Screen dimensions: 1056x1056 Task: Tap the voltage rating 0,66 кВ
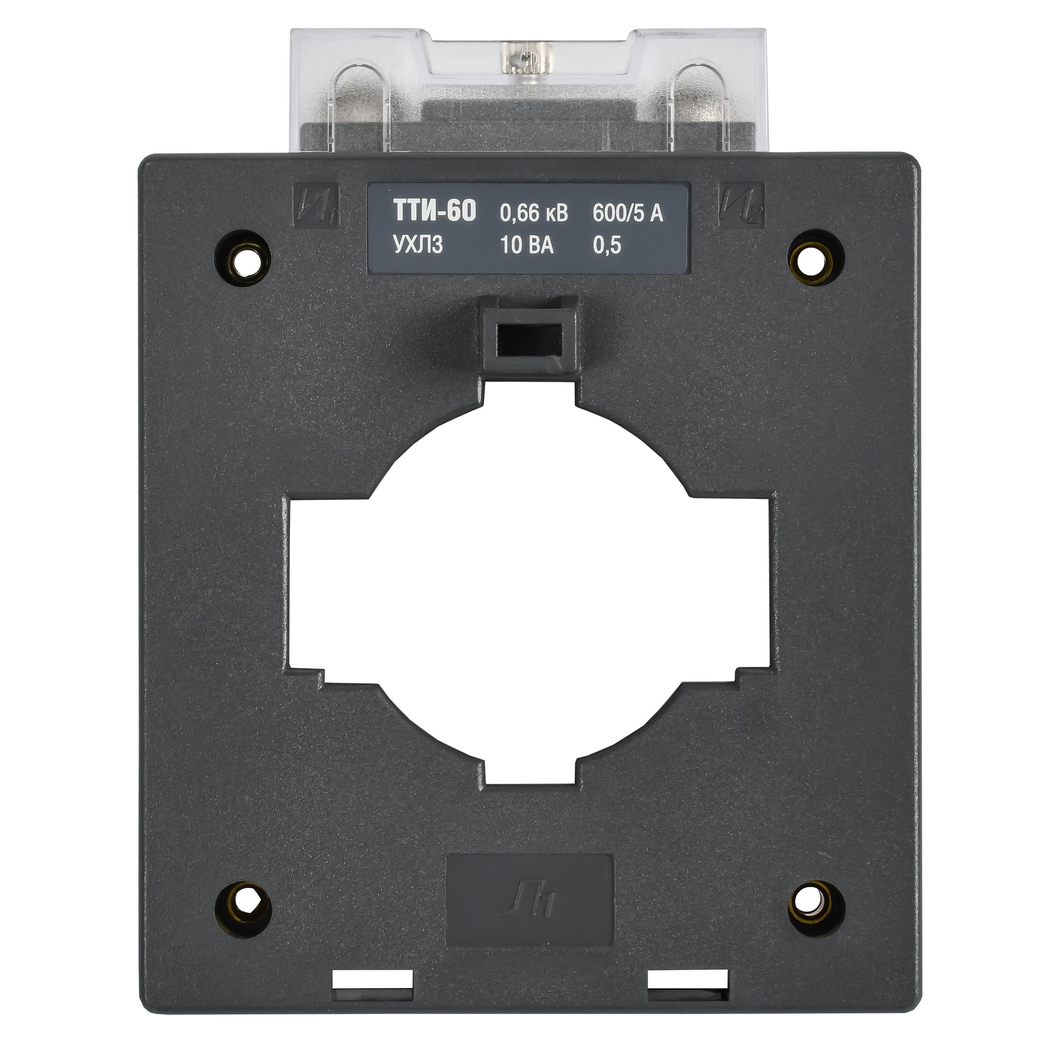tap(534, 213)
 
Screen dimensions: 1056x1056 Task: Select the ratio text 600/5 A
tap(628, 213)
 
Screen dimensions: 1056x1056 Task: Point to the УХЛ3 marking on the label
tap(417, 246)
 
